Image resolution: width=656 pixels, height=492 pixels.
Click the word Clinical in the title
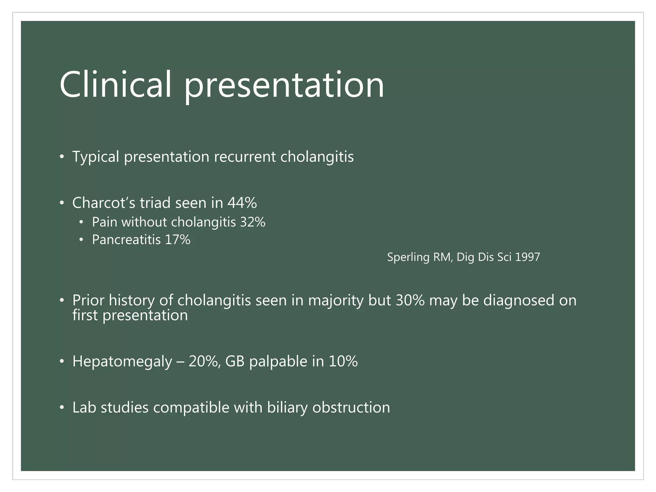pyautogui.click(x=115, y=85)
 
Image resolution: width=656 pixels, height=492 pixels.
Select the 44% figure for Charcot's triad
pyautogui.click(x=242, y=203)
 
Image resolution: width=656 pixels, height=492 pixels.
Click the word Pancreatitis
pyautogui.click(x=126, y=240)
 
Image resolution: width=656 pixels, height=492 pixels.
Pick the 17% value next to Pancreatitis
pyautogui.click(x=178, y=240)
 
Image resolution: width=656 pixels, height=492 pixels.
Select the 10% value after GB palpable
pyautogui.click(x=343, y=361)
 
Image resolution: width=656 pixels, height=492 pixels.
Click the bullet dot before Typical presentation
pyautogui.click(x=62, y=157)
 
